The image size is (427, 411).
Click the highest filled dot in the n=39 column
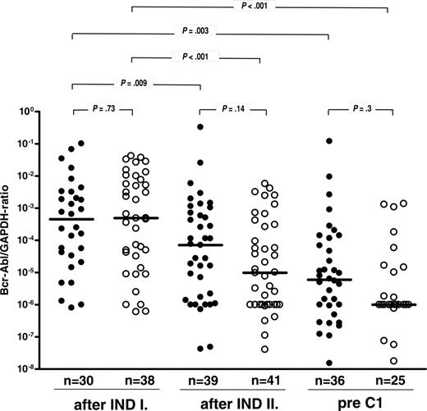[x=200, y=126]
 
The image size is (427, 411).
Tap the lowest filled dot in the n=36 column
[x=328, y=363]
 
